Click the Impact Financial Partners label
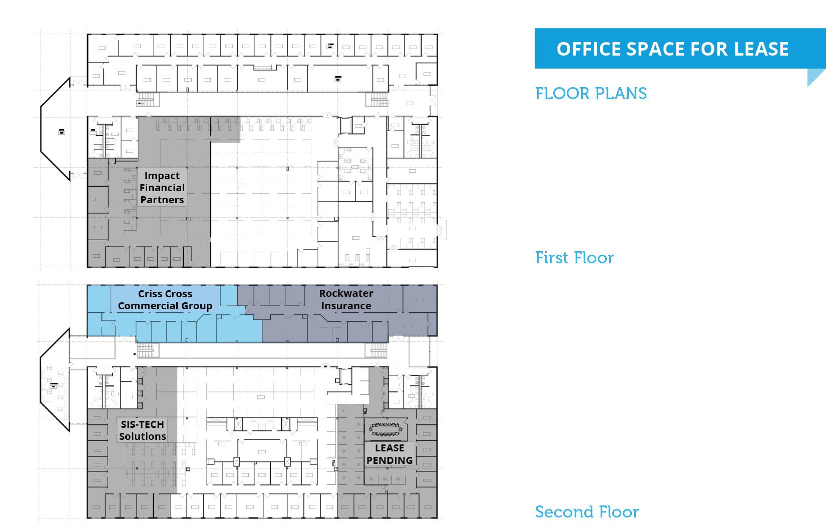pos(162,187)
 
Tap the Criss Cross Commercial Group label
pos(165,300)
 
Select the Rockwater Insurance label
pos(346,299)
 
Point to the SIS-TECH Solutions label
pos(142,430)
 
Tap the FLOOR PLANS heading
pos(591,94)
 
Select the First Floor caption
pos(575,258)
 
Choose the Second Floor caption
pos(587,512)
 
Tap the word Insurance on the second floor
pos(346,306)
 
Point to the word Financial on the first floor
pos(162,187)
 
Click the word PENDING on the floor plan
pos(389,460)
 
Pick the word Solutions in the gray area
pos(142,437)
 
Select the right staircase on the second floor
pos(379,351)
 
